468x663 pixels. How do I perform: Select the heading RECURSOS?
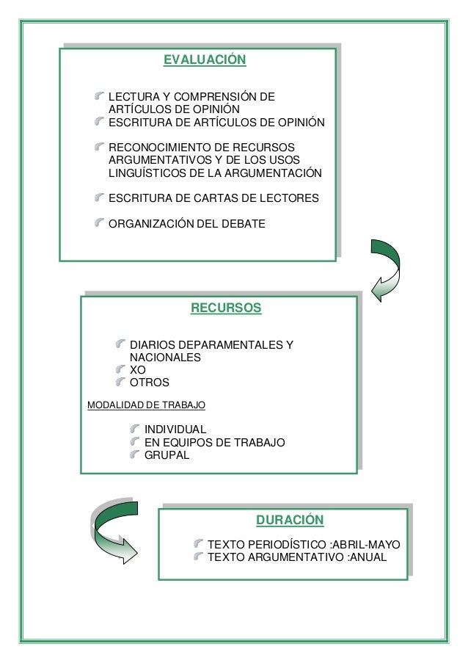225,308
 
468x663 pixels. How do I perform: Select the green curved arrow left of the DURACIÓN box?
113,530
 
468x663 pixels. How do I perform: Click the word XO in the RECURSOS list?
138,370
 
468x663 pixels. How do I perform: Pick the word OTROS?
149,383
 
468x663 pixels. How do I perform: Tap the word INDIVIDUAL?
175,430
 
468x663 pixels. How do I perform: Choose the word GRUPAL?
167,455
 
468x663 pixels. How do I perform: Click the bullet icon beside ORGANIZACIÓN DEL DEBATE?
98,222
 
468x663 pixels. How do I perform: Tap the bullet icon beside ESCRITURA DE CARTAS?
98,197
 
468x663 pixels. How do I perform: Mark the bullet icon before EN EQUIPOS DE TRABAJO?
134,442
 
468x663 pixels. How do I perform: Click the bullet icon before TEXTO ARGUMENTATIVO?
198,557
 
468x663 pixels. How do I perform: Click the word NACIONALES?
165,358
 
